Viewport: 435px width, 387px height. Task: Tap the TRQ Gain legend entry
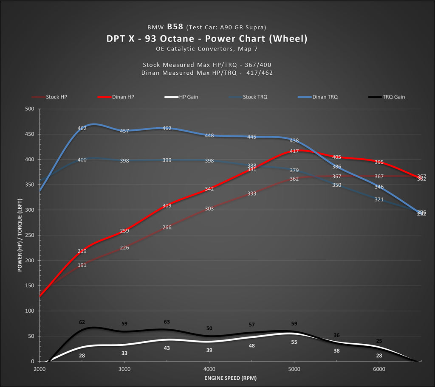point(393,97)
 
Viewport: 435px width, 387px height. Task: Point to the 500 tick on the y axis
point(30,109)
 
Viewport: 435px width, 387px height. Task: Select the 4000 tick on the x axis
point(209,369)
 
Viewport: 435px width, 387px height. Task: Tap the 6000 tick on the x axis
point(379,369)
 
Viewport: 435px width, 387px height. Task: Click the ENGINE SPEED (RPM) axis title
point(230,378)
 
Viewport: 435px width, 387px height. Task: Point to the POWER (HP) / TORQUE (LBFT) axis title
point(20,235)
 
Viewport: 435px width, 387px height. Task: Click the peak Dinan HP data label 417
point(294,151)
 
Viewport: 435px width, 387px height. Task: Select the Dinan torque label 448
point(209,136)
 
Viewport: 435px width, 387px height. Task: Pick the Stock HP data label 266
point(167,227)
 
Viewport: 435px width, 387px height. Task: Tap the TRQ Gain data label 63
point(167,322)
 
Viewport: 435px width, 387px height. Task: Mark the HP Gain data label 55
point(294,342)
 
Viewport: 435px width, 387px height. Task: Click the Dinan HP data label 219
point(82,251)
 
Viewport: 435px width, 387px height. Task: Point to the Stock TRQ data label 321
point(379,199)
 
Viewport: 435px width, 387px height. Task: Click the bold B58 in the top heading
point(175,27)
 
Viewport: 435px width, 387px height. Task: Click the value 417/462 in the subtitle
point(260,73)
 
